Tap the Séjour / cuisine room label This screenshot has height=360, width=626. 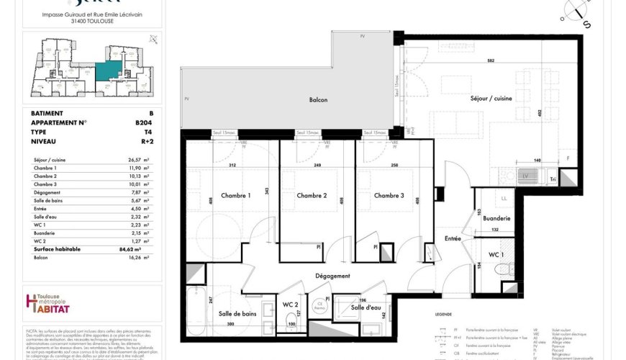(x=491, y=99)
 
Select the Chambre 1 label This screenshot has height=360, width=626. (x=235, y=196)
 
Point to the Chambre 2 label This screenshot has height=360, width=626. (x=312, y=196)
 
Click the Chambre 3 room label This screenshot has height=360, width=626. (x=389, y=196)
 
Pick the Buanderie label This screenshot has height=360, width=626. (x=497, y=218)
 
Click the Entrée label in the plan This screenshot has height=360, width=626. (x=453, y=238)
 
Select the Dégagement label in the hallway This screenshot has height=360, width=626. (x=332, y=276)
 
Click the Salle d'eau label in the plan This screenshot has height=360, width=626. (x=366, y=308)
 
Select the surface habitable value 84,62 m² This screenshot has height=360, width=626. (x=136, y=249)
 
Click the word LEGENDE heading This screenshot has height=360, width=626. (x=444, y=315)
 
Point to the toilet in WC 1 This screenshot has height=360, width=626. (x=502, y=269)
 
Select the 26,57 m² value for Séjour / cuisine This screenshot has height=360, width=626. (x=136, y=160)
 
